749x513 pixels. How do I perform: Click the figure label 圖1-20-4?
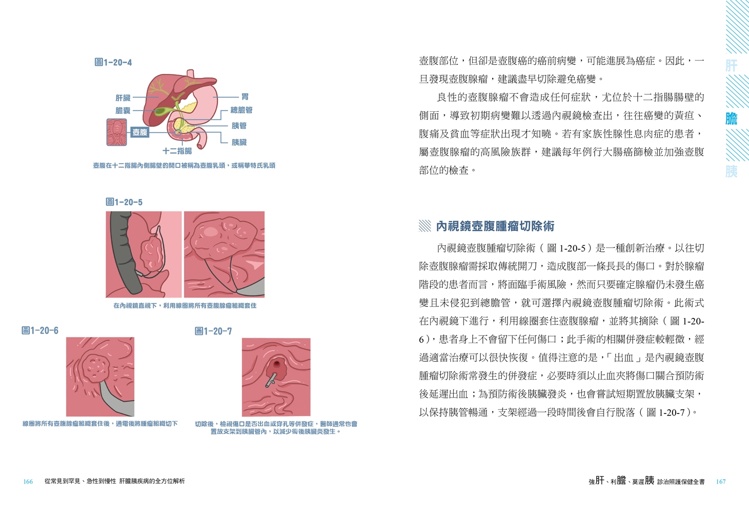coord(113,62)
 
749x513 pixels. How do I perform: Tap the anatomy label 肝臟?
coord(123,97)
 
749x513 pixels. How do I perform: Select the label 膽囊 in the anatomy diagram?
coord(123,110)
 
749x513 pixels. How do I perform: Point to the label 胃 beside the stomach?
coord(245,97)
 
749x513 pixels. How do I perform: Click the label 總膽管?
coord(241,110)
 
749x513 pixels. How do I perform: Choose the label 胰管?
coord(239,126)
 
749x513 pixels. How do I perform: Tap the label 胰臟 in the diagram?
coord(239,142)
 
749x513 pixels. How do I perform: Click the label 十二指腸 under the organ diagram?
coord(177,151)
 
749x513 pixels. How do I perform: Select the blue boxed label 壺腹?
coord(140,132)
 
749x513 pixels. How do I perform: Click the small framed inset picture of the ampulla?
coord(117,132)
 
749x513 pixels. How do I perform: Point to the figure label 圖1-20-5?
coord(124,202)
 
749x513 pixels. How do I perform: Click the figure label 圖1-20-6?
coord(40,330)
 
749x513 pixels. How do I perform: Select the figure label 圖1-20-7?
coord(213,331)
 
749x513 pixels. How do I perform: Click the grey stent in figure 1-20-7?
coord(271,380)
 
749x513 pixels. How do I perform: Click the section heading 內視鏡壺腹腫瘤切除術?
coord(495,226)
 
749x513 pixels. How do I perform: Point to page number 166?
coord(28,482)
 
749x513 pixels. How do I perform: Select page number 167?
coord(721,482)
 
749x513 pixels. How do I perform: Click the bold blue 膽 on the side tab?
coord(732,119)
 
